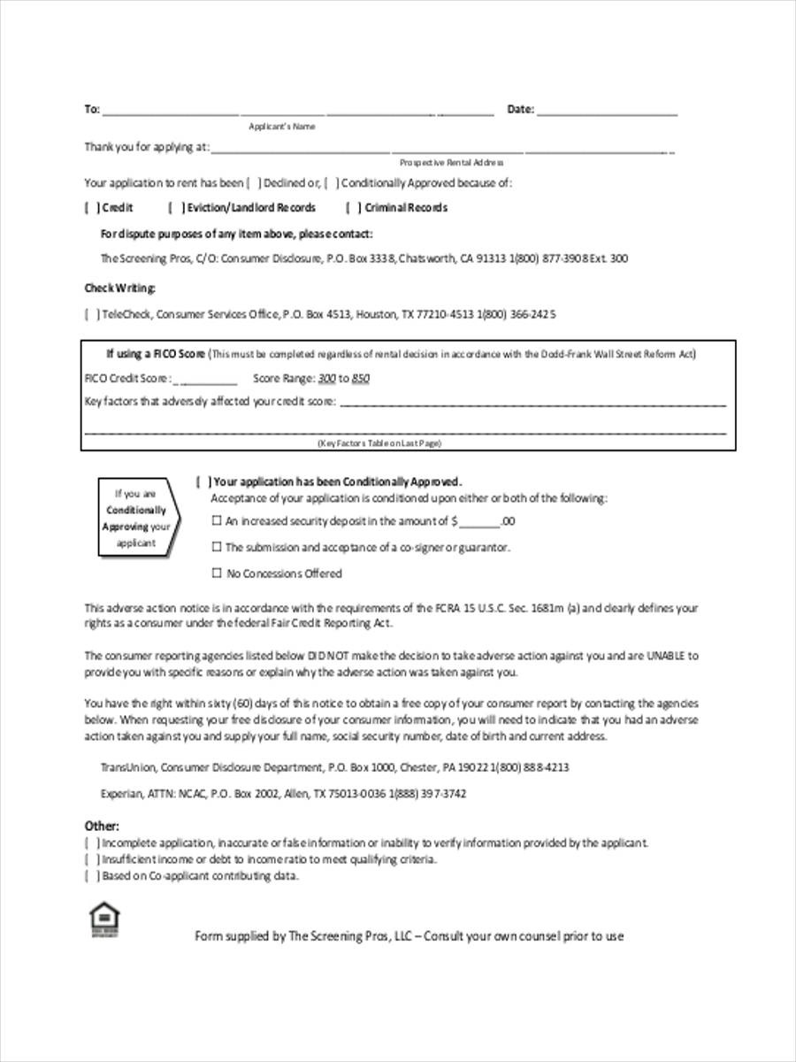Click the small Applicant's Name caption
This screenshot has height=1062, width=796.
coord(281,127)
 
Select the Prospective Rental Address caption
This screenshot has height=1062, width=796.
coord(451,163)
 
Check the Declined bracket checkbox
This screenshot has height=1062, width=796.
coord(253,183)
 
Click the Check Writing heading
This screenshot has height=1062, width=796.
coord(120,288)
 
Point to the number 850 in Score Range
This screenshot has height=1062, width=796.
coord(360,379)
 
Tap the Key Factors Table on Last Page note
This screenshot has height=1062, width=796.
coord(379,443)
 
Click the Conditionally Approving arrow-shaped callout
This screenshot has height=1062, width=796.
coord(138,518)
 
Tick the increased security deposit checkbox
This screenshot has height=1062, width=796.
coord(216,522)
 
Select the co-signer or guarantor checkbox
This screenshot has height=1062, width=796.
coord(216,548)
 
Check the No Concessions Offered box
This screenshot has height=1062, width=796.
coord(216,573)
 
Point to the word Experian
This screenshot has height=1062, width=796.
coord(121,794)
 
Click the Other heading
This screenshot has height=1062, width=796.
coord(102,826)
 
